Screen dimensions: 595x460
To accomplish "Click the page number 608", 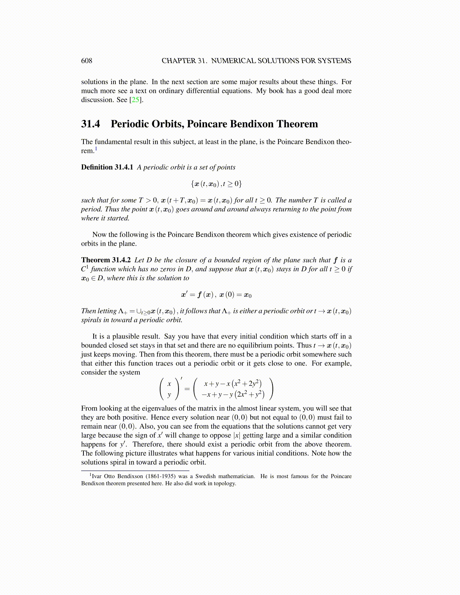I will tap(86, 61).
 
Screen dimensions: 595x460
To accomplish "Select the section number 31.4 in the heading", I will tap(91, 124).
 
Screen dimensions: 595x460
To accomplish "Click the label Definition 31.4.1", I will tap(107, 167).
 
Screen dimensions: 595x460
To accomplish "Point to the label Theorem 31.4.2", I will tap(106, 260).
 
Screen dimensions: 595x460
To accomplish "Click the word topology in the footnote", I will tap(225, 483).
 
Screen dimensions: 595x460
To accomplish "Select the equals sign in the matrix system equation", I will tap(187, 389).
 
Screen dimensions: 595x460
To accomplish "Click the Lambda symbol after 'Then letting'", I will tap(121, 311).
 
